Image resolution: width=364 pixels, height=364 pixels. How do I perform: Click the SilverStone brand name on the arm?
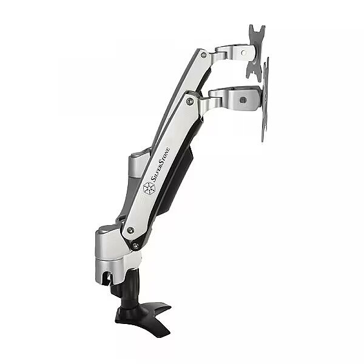pyautogui.click(x=160, y=164)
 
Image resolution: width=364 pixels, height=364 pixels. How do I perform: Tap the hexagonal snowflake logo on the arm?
pyautogui.click(x=149, y=188)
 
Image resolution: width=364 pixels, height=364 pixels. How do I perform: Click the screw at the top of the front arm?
pyautogui.click(x=190, y=101)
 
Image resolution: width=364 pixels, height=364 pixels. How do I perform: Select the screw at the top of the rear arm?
pyautogui.click(x=204, y=55)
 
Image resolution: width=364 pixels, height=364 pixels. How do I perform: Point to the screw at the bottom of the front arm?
pyautogui.click(x=130, y=230)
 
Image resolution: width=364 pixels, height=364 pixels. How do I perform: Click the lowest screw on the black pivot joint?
pyautogui.click(x=135, y=245)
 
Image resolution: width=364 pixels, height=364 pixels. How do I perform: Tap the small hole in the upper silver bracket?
pyautogui.click(x=243, y=53)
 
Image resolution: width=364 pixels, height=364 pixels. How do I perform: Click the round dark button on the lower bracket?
pyautogui.click(x=243, y=100)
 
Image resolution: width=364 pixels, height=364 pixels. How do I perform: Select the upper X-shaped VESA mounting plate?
pyautogui.click(x=255, y=53)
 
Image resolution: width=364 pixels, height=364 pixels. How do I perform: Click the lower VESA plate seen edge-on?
pyautogui.click(x=265, y=100)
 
